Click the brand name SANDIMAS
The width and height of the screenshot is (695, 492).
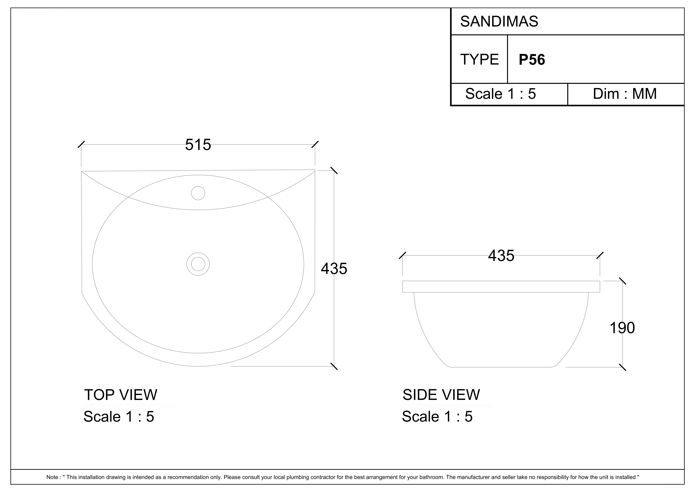coord(499,22)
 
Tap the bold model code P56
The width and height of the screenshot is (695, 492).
coord(532,60)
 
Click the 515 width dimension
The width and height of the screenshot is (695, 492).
coord(198,145)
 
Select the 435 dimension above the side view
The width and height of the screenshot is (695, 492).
coord(501,256)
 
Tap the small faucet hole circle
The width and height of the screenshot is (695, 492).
coord(198,193)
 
